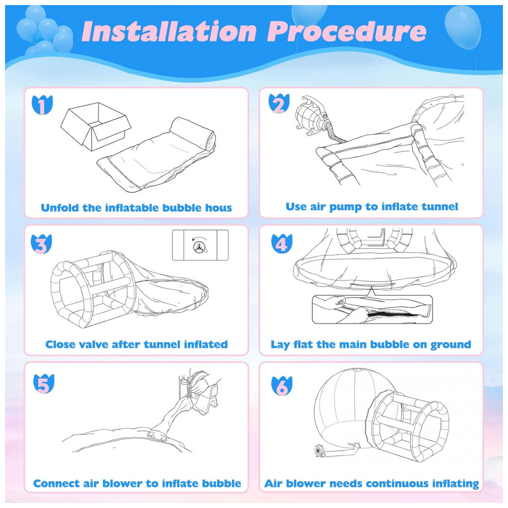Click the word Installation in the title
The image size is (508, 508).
[x=169, y=31]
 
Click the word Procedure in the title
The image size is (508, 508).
[x=346, y=31]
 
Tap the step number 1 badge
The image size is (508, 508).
[x=42, y=105]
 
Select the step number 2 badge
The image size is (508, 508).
[x=279, y=104]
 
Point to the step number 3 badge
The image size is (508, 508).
[x=41, y=244]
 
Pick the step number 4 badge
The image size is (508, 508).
[x=281, y=244]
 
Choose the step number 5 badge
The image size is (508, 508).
[x=44, y=384]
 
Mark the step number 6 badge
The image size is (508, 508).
[x=282, y=386]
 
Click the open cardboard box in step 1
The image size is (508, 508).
[x=96, y=126]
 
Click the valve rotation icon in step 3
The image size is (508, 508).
[x=200, y=245]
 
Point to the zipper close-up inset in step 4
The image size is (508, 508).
[x=372, y=309]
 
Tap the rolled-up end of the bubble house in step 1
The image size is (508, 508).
[x=193, y=133]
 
